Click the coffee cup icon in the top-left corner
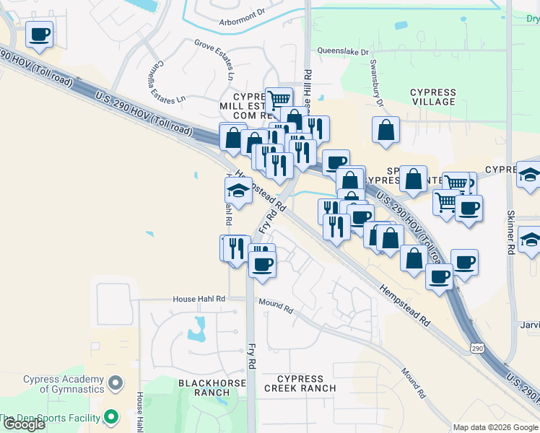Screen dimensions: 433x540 point(40,34)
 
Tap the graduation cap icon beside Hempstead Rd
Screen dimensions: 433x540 point(238,191)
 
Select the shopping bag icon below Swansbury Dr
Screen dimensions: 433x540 point(386,131)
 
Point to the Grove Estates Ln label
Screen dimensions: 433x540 point(215,58)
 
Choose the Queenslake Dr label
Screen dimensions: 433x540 point(344,51)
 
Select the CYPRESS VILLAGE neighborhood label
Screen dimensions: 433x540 point(433,97)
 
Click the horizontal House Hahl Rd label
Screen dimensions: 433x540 point(199,299)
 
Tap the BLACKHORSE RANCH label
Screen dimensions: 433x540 point(203,388)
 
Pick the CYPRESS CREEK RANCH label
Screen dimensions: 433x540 point(300,383)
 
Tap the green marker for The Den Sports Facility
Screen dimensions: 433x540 point(111,417)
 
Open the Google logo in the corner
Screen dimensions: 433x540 point(24,424)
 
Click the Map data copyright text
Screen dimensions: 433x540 point(495,427)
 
